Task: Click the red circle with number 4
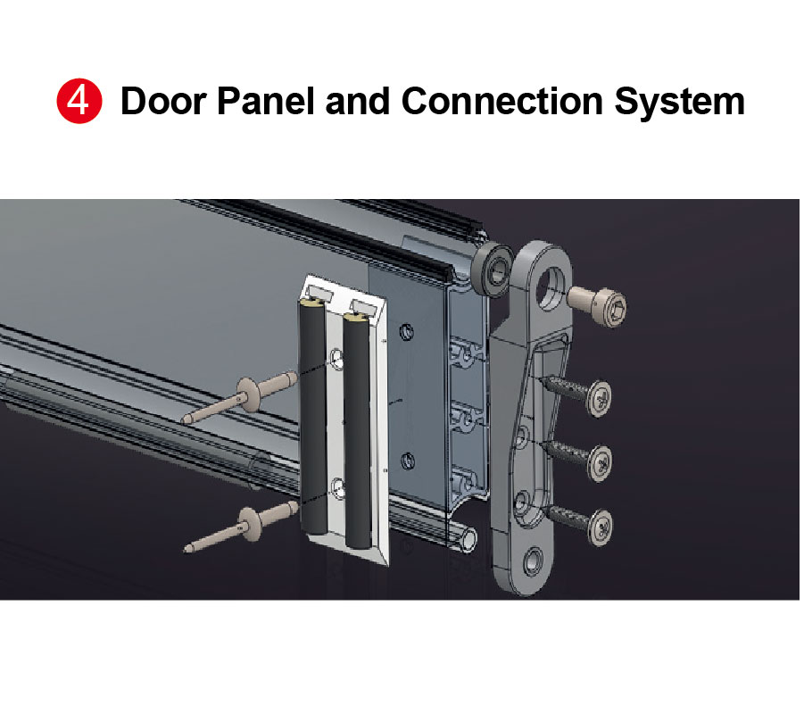[x=79, y=101]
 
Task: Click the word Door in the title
[x=163, y=101]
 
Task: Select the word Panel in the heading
[x=266, y=101]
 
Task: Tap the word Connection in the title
[x=501, y=101]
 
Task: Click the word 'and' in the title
[x=358, y=101]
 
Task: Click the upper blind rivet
[x=239, y=397]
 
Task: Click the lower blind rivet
[x=241, y=526]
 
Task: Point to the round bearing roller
[x=493, y=270]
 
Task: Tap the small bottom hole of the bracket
[x=534, y=561]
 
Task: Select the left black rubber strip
[x=312, y=417]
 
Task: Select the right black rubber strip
[x=358, y=430]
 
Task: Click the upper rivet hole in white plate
[x=336, y=358]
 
